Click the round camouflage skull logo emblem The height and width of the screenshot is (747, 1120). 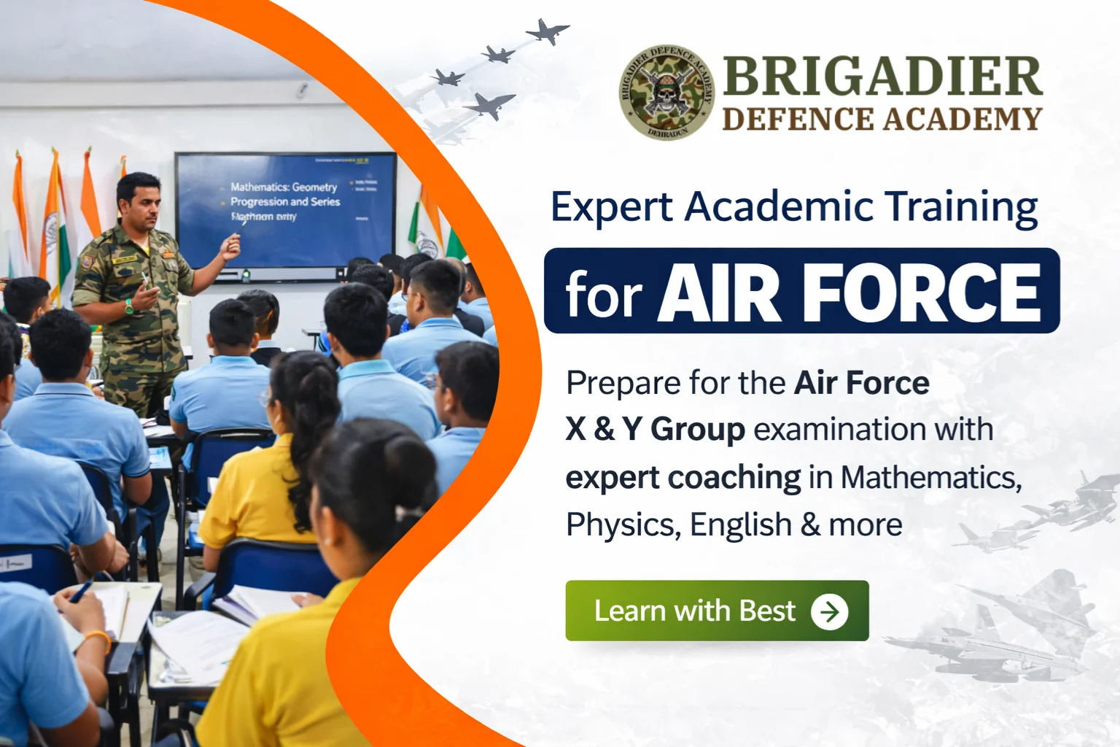666,92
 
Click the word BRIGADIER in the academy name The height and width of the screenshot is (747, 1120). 882,77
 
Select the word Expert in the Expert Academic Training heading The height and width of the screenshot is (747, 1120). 611,207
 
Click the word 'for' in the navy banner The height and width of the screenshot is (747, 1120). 604,295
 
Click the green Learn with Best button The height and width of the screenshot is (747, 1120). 716,611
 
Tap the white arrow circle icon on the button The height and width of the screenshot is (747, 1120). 830,611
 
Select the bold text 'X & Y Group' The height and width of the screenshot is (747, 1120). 655,430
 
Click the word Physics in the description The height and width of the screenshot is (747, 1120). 622,525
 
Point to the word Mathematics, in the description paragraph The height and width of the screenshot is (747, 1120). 931,478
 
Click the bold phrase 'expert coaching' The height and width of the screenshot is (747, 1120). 682,478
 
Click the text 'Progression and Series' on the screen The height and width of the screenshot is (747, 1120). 285,201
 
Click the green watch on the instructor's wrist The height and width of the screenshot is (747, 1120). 129,306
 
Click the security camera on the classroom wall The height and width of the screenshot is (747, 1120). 302,90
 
